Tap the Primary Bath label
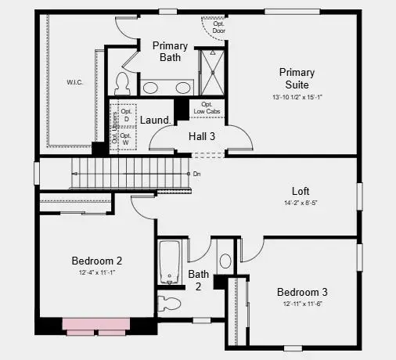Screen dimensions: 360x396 170,52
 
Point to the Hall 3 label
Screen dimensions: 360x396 202,136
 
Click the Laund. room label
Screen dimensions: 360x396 156,120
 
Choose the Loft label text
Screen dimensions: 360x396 301,189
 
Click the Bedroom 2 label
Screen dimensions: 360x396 96,261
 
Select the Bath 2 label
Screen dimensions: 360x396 199,280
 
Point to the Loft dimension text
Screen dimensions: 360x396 301,203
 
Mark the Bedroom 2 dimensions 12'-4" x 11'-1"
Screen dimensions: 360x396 97,272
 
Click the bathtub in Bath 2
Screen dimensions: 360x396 170,261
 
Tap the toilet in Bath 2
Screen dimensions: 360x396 170,302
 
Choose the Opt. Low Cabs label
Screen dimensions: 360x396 207,108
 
